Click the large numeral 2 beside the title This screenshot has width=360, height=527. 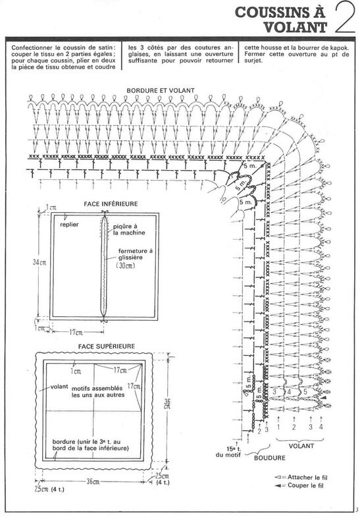tap(345, 18)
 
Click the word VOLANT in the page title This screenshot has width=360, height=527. tap(296, 27)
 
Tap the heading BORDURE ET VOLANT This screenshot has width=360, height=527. tap(161, 90)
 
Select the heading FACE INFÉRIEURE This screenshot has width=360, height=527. tap(111, 204)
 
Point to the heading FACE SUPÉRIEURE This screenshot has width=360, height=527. tap(107, 347)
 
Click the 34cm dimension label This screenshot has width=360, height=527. tap(39, 262)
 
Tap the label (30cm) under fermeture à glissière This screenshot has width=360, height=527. tap(126, 265)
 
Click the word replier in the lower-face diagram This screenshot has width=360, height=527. tap(69, 225)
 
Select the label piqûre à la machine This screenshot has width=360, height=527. tap(129, 229)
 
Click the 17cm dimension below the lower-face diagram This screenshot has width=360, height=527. tap(76, 333)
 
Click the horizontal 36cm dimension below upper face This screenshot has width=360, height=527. tap(93, 482)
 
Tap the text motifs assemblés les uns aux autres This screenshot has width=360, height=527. tap(97, 391)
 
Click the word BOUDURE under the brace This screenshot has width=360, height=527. tap(270, 458)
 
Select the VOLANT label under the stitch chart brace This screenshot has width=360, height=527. tap(301, 446)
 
